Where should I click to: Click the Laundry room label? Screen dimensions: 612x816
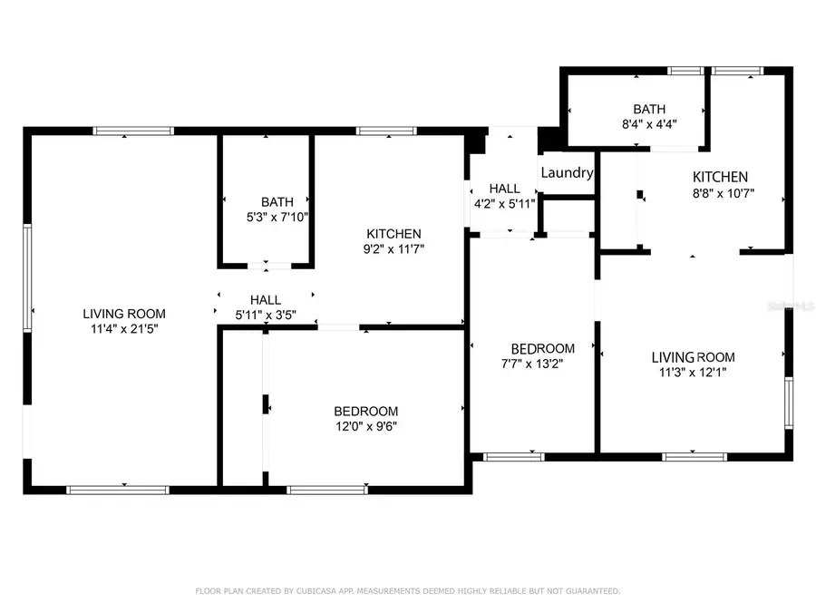click(567, 172)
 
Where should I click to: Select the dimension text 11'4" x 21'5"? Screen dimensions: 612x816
click(124, 330)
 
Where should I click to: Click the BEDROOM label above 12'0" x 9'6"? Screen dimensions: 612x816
click(365, 411)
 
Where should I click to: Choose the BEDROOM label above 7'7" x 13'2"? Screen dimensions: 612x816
click(542, 348)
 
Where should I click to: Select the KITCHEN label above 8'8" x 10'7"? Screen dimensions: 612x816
click(720, 177)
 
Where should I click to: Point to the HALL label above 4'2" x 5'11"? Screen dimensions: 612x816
click(504, 188)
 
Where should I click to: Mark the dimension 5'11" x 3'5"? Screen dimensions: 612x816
click(266, 316)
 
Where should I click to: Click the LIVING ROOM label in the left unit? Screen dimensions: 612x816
click(124, 314)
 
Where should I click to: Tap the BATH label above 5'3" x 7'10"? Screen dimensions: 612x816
click(277, 201)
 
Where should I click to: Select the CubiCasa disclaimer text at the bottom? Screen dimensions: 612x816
click(408, 591)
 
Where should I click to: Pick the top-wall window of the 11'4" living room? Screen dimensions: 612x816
click(133, 131)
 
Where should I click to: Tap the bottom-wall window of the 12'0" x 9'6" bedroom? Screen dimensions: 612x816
click(327, 491)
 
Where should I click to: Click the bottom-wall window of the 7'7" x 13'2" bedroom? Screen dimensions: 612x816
click(513, 456)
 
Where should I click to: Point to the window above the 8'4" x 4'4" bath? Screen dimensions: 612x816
click(685, 71)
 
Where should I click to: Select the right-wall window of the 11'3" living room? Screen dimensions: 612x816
click(788, 403)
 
